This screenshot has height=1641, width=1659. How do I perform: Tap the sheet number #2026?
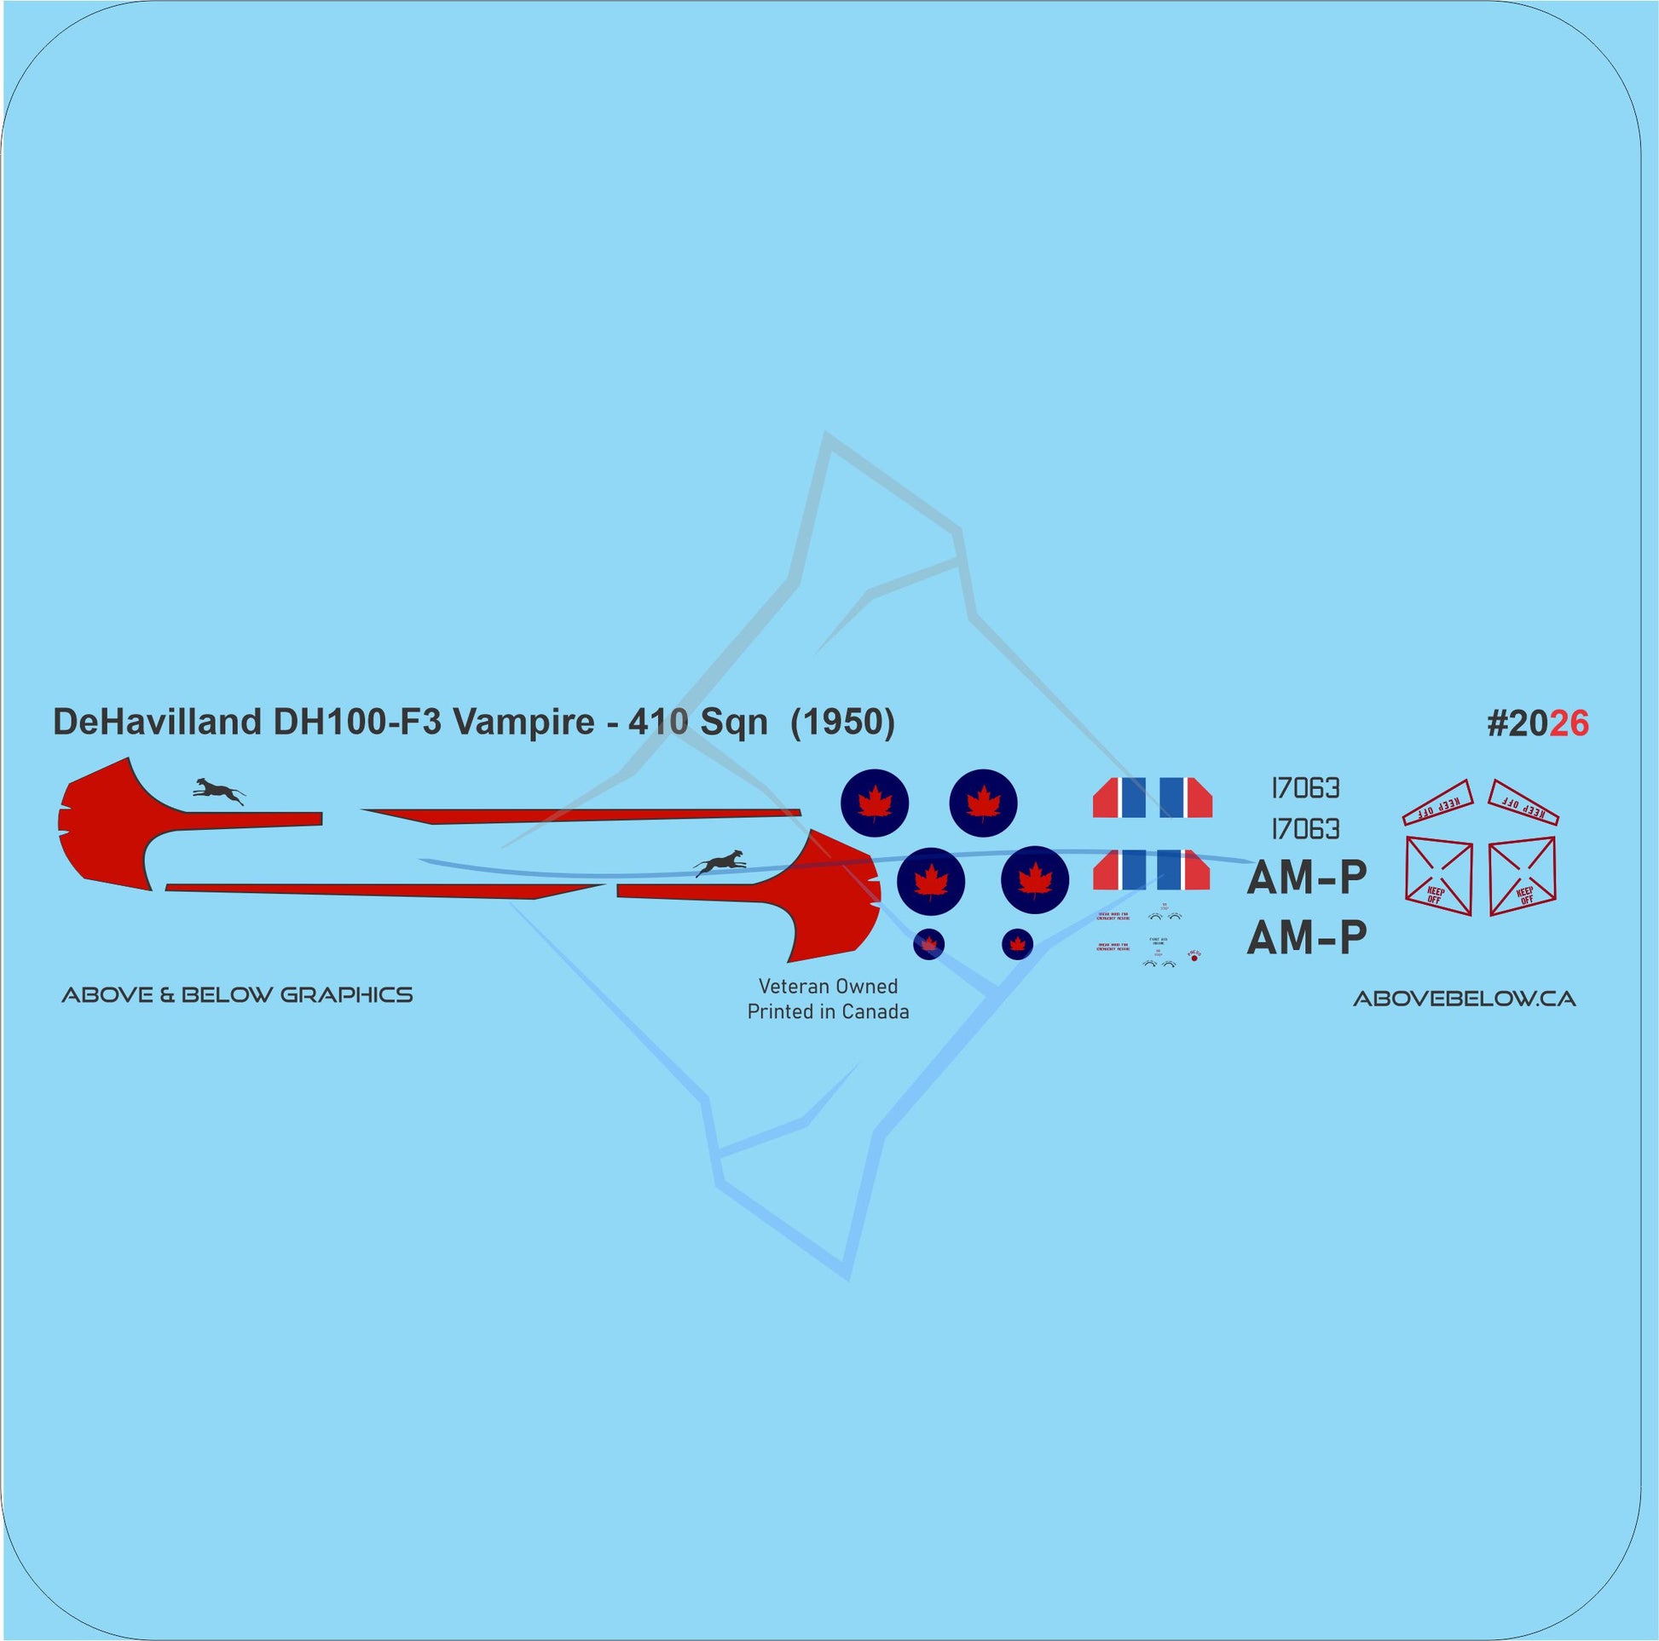[x=1537, y=724]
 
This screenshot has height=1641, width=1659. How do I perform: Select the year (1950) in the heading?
[x=841, y=723]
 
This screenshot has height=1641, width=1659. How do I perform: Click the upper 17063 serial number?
[x=1305, y=788]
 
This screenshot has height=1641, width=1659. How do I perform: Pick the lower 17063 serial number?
[x=1305, y=829]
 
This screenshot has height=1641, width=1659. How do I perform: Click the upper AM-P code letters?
[x=1306, y=878]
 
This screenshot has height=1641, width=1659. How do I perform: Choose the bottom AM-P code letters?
[x=1306, y=937]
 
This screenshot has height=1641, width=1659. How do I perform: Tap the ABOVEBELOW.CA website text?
[x=1464, y=999]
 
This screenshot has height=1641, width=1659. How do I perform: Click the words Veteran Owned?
[x=828, y=987]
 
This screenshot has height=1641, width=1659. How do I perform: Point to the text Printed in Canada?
[x=828, y=1012]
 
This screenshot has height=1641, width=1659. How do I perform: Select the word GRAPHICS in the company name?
[x=346, y=995]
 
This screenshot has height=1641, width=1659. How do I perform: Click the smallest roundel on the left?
[x=928, y=945]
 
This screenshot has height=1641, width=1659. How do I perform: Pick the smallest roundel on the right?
[x=1018, y=944]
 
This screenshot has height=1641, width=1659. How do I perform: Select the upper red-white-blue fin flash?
[x=1153, y=797]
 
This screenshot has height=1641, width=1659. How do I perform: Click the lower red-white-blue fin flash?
[x=1153, y=869]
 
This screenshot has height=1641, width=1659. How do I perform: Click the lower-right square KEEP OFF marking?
[x=1522, y=875]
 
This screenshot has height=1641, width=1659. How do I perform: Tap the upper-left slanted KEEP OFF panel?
[x=1438, y=802]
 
